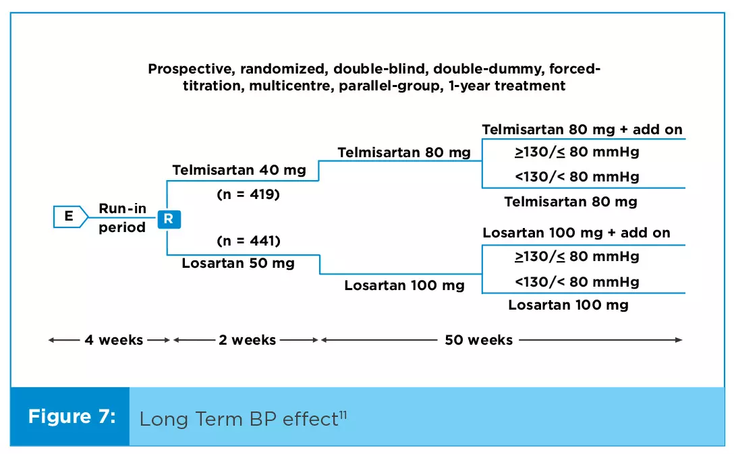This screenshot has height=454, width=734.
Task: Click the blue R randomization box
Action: [x=169, y=219]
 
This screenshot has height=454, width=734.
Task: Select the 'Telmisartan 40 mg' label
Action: [x=239, y=170]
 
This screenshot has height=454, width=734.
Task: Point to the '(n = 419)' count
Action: [x=248, y=194]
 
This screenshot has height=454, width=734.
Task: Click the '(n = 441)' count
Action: [x=248, y=241]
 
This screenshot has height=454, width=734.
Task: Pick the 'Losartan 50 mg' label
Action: [x=238, y=263]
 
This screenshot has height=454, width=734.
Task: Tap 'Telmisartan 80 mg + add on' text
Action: [x=582, y=130]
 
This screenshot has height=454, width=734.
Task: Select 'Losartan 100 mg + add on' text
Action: [x=576, y=233]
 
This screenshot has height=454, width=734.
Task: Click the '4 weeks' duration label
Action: [x=114, y=340]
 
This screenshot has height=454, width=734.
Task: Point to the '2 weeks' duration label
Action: [x=247, y=340]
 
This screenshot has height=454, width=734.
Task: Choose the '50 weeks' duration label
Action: [x=479, y=340]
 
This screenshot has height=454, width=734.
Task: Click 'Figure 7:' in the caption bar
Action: [x=72, y=416]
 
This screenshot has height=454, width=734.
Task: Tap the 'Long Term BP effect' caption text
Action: [x=239, y=419]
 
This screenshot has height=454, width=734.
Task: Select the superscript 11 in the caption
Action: [x=343, y=414]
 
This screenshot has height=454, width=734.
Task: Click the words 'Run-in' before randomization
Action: [x=122, y=208]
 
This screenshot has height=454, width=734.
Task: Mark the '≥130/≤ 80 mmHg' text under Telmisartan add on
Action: [x=577, y=152]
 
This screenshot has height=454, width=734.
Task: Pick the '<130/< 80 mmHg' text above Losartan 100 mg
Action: [x=577, y=282]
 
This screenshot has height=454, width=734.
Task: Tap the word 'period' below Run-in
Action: [x=122, y=227]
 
